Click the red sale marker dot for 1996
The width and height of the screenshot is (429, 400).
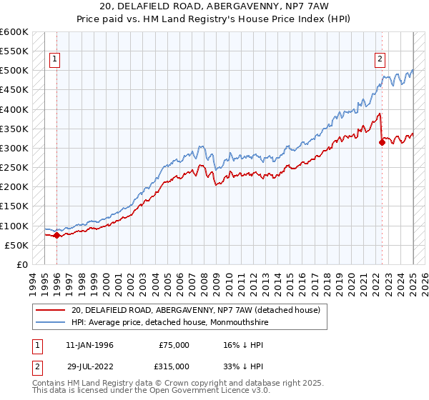pyautogui.click(x=56, y=235)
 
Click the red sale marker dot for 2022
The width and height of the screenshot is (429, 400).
pyautogui.click(x=382, y=142)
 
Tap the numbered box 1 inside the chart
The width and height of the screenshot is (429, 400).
pyautogui.click(x=56, y=59)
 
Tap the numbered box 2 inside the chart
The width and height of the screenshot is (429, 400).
pyautogui.click(x=380, y=59)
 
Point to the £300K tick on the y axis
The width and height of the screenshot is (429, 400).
pyautogui.click(x=14, y=148)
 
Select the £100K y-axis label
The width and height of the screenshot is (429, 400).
pyautogui.click(x=14, y=226)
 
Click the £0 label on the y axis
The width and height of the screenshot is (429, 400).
pyautogui.click(x=21, y=264)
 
